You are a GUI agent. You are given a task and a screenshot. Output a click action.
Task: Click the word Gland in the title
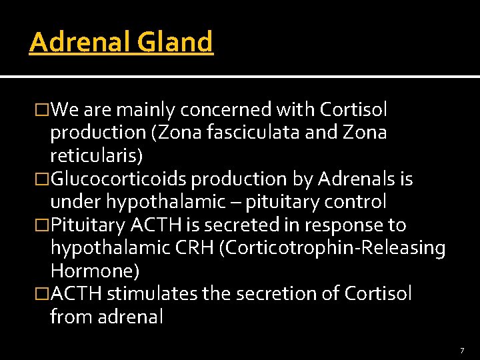coord(175,42)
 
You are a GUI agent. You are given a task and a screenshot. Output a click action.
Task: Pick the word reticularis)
coord(96,155)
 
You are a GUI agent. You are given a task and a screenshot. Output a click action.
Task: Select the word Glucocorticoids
coord(119,179)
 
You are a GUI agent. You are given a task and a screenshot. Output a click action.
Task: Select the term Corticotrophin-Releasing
coord(335,248)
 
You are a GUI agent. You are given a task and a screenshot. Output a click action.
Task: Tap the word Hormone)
coord(95,271)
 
